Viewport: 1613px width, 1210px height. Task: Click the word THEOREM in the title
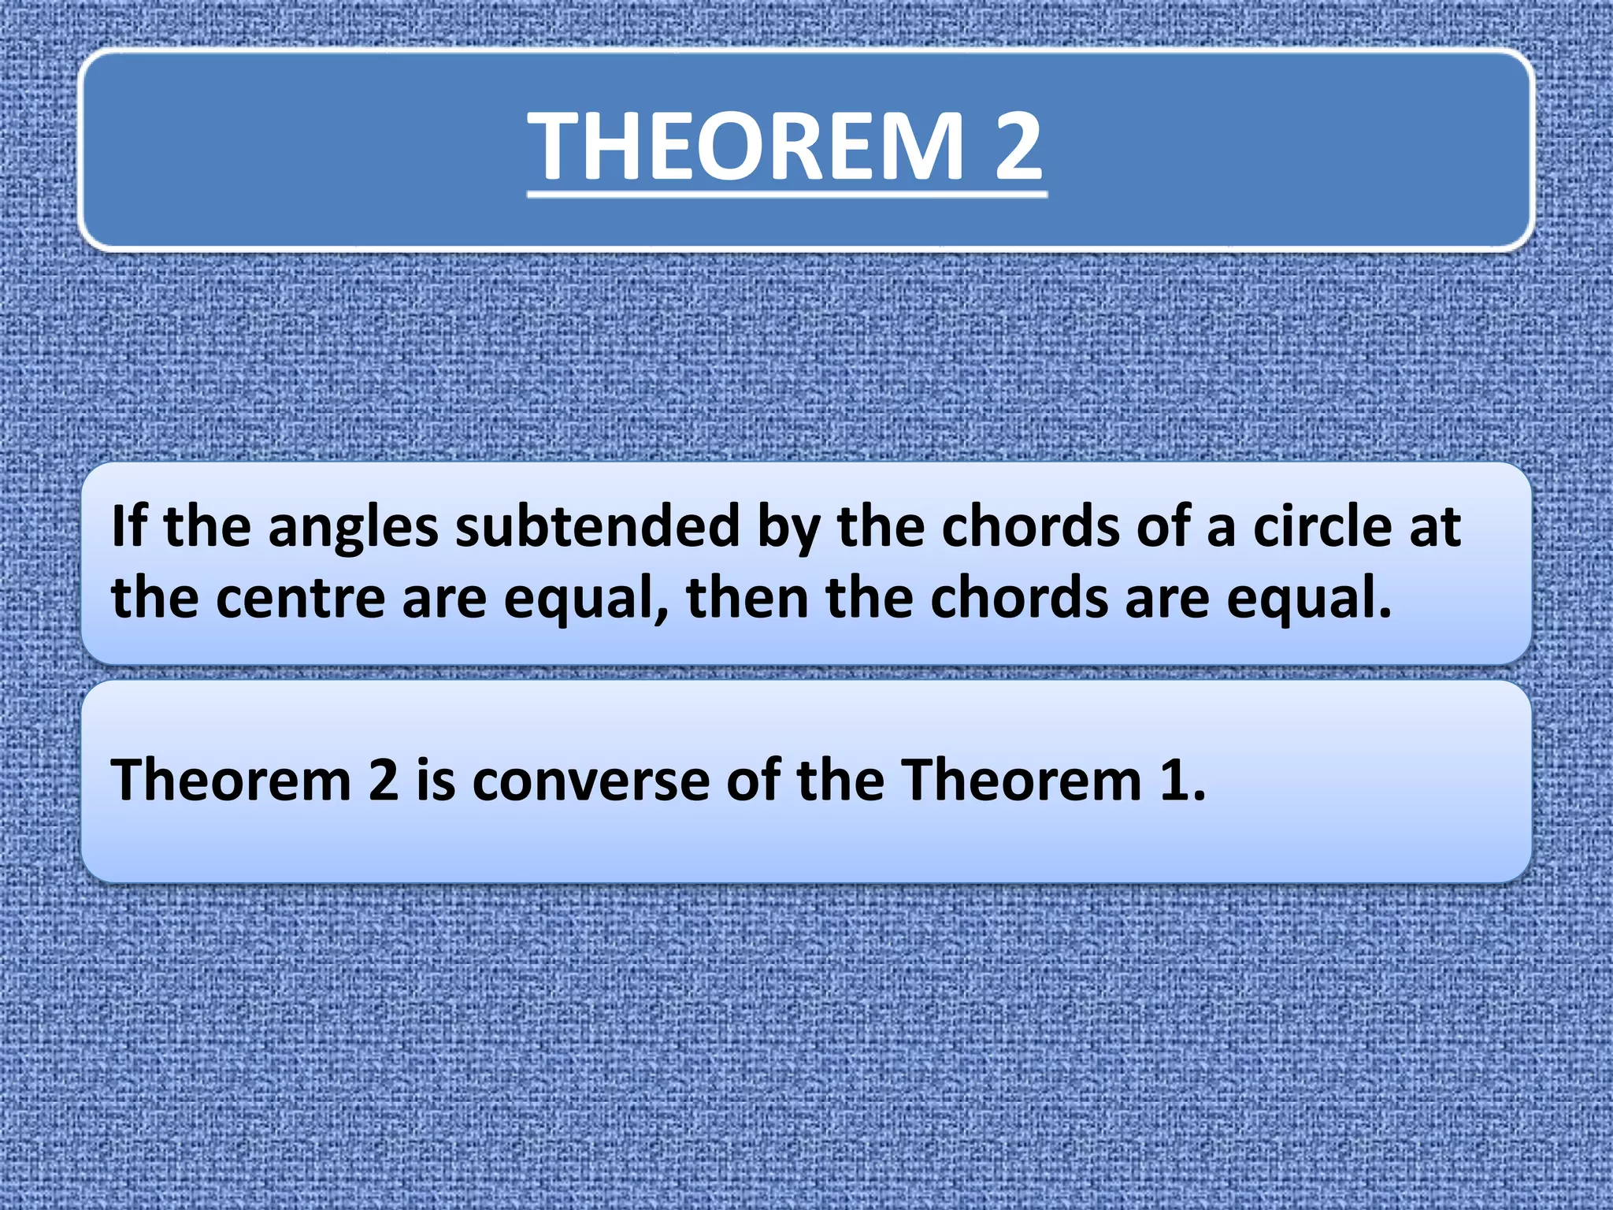(745, 147)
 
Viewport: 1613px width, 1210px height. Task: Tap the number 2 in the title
(1018, 147)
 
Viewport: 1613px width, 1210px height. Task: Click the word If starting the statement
(128, 526)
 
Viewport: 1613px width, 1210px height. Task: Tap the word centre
(300, 599)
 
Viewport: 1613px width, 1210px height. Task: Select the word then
(747, 599)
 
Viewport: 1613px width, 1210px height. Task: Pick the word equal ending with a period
(1308, 599)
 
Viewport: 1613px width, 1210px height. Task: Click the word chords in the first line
(1029, 526)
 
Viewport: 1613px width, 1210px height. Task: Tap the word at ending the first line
(1435, 526)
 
